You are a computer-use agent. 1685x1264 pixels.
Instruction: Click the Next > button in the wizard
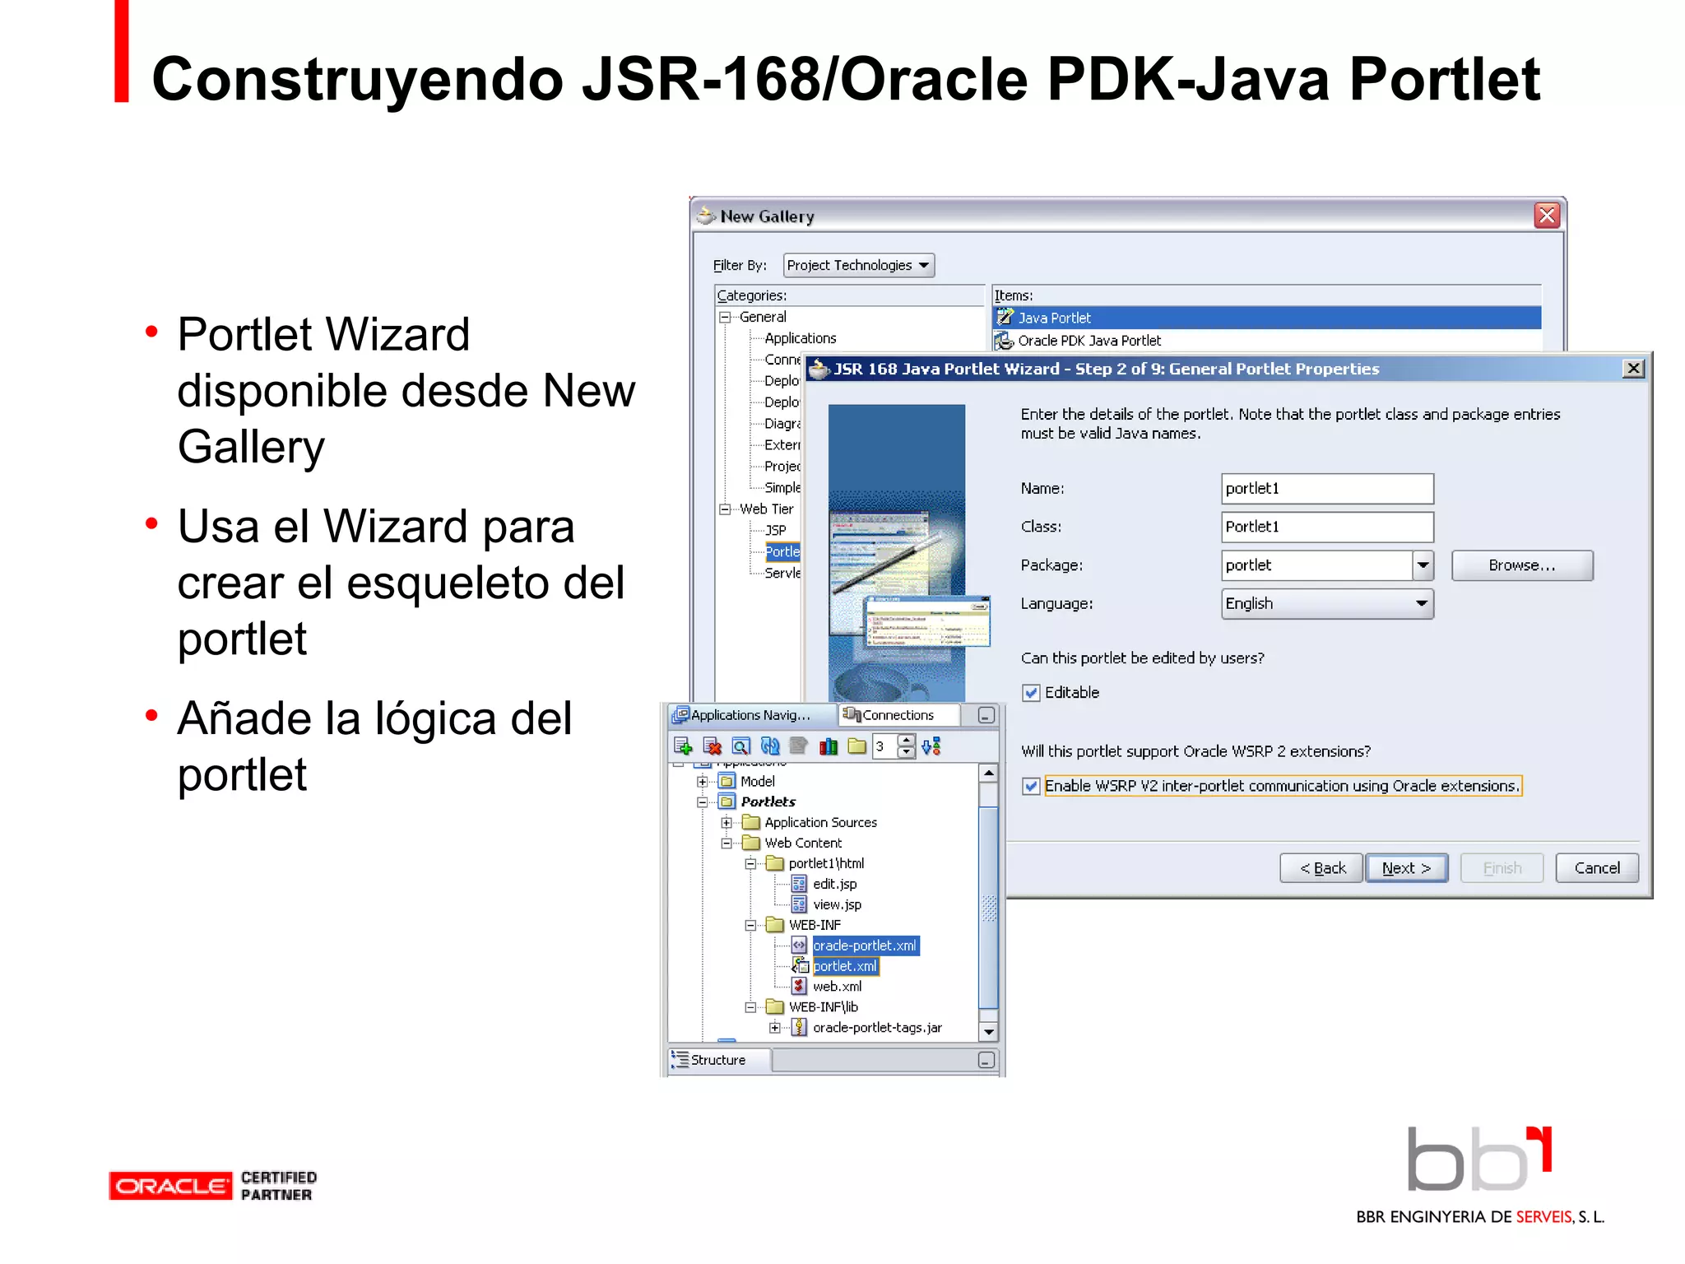pyautogui.click(x=1406, y=868)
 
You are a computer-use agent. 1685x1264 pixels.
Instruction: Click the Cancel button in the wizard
pyautogui.click(x=1596, y=868)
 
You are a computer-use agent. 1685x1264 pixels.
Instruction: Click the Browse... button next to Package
pyautogui.click(x=1521, y=565)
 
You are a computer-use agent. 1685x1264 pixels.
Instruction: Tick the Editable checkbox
pyautogui.click(x=1031, y=693)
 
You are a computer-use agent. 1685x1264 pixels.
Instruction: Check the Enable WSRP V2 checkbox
pyautogui.click(x=1031, y=787)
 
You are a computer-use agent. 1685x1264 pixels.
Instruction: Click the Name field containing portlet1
pyautogui.click(x=1326, y=489)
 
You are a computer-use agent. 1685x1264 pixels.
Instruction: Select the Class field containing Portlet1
pyautogui.click(x=1326, y=527)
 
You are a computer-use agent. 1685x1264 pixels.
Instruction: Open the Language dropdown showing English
pyautogui.click(x=1326, y=604)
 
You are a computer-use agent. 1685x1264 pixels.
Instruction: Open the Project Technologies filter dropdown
pyautogui.click(x=858, y=266)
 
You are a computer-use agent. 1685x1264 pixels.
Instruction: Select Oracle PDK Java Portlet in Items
pyautogui.click(x=1089, y=341)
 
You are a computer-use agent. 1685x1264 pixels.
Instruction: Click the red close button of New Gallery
pyautogui.click(x=1547, y=216)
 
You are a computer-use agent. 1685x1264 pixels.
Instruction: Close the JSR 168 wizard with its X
pyautogui.click(x=1633, y=369)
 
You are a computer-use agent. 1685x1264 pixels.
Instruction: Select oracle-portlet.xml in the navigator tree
pyautogui.click(x=864, y=946)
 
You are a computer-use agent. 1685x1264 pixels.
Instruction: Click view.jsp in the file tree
pyautogui.click(x=837, y=905)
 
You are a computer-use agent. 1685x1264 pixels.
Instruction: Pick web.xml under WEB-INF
pyautogui.click(x=837, y=987)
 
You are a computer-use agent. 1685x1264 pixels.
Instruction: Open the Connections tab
pyautogui.click(x=897, y=716)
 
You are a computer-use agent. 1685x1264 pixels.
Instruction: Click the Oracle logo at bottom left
pyautogui.click(x=170, y=1186)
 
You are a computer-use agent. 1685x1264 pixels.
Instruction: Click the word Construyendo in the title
pyautogui.click(x=358, y=80)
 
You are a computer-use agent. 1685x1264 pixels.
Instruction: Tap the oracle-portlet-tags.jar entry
pyautogui.click(x=876, y=1028)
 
